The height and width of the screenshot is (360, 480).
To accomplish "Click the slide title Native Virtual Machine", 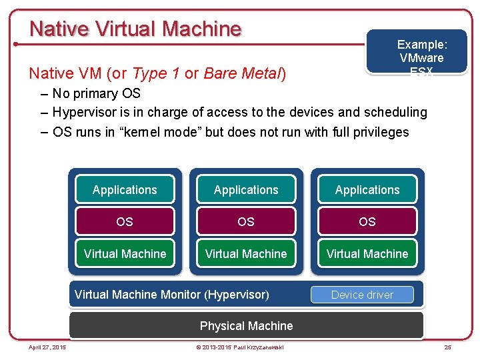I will click(x=135, y=29).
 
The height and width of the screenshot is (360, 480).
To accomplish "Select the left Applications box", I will click(x=125, y=190).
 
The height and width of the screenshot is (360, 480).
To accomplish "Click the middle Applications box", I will click(x=246, y=190).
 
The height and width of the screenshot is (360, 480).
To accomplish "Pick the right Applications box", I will click(x=367, y=190).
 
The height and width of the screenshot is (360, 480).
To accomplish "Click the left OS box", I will click(x=125, y=221).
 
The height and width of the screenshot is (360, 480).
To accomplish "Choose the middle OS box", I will click(x=246, y=221).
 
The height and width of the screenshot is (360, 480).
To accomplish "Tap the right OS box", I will click(x=367, y=221).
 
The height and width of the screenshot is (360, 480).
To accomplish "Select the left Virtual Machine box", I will click(x=125, y=254).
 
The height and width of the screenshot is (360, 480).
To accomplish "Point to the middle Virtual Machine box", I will click(x=246, y=254).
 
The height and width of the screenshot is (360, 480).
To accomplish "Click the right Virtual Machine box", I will click(x=367, y=254).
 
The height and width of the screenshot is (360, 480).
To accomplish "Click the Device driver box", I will click(x=362, y=295).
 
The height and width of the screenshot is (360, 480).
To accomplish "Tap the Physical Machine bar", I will click(x=246, y=326).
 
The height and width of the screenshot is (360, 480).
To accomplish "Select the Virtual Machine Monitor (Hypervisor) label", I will click(x=172, y=295).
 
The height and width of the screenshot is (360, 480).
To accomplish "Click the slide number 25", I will click(x=448, y=347).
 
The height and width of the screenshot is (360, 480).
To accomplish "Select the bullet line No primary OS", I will click(x=96, y=93).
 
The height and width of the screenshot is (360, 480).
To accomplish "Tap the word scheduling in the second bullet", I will click(x=393, y=112).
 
